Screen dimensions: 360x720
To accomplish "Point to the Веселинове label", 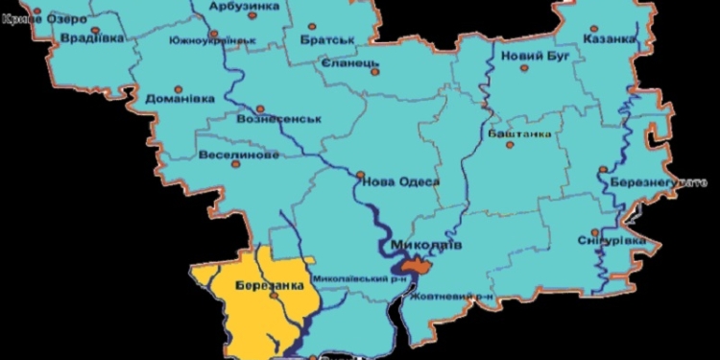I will tap(239, 154).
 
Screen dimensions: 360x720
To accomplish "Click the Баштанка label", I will tap(519, 133).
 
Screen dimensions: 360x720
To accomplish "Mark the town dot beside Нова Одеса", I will tap(361, 175).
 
